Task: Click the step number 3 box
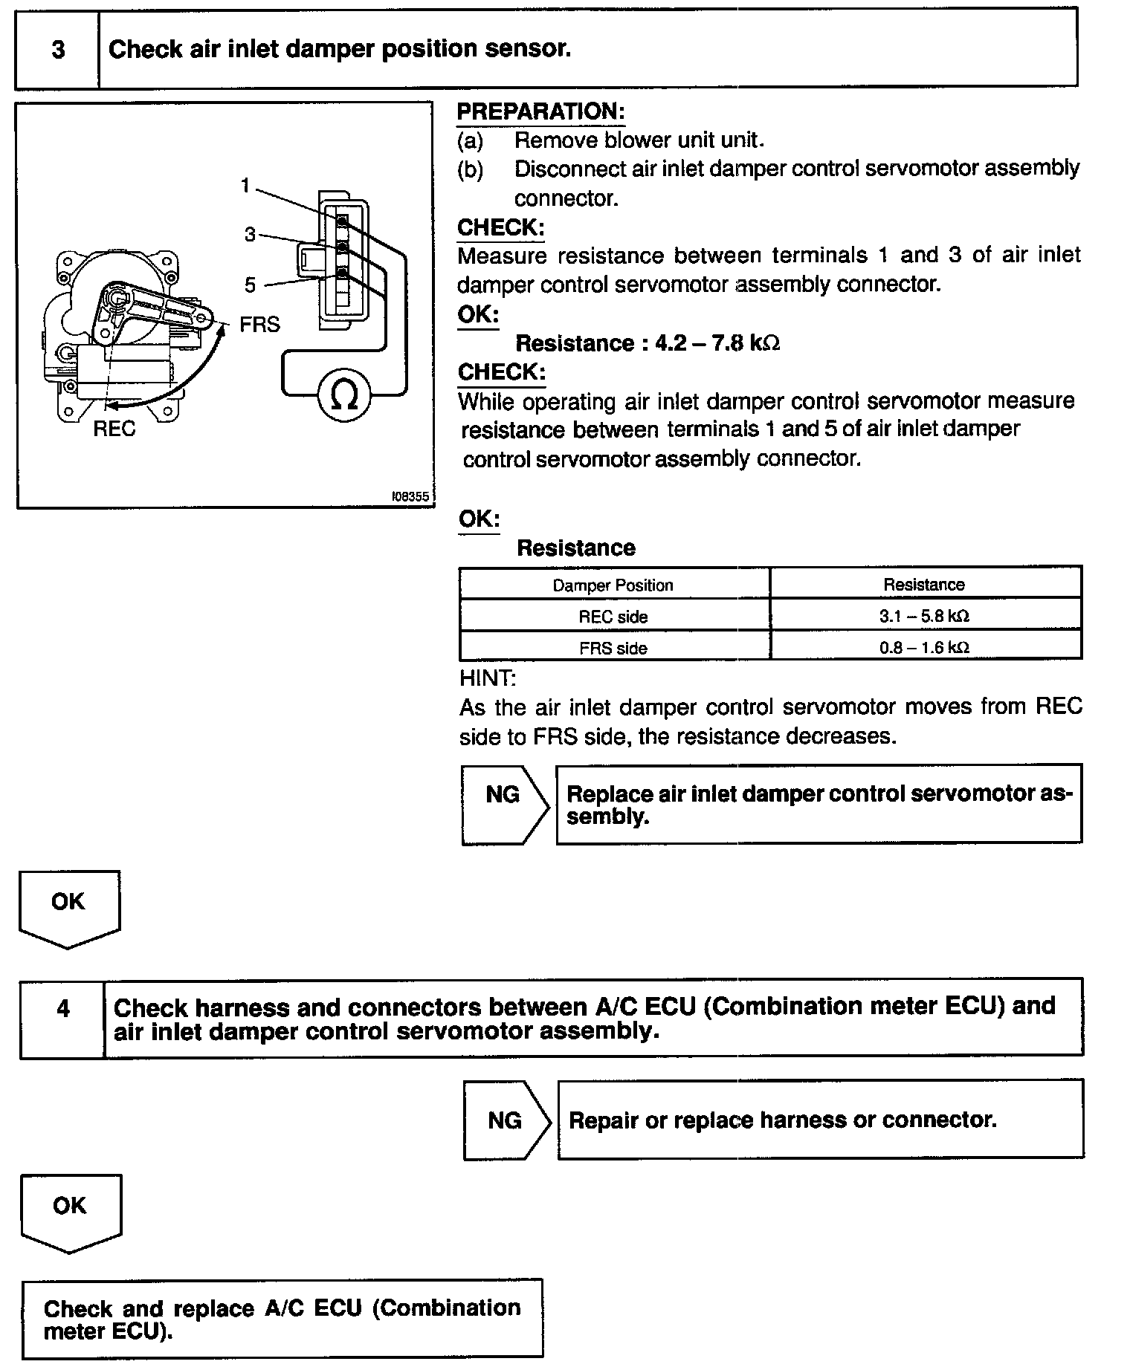57,49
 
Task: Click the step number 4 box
62,1010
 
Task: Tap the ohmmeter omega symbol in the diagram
343,395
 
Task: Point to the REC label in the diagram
114,429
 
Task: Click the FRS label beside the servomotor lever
259,325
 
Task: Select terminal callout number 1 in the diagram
245,186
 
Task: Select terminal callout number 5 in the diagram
250,285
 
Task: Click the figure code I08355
410,496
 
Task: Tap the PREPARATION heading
540,112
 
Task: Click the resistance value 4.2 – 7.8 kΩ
647,343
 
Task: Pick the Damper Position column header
613,585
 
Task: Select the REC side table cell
613,617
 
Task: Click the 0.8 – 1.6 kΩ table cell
924,647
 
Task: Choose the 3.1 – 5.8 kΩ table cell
924,616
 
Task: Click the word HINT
488,678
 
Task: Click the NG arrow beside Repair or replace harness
506,1120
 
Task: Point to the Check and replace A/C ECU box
282,1317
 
